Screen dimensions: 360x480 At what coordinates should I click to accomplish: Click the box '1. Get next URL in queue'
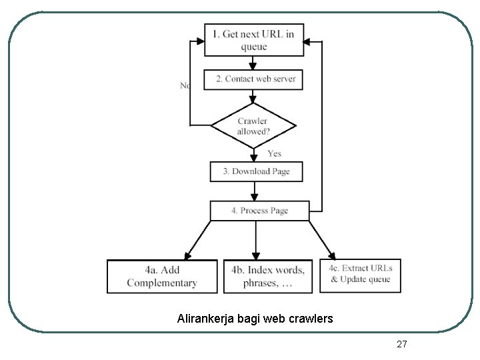pos(253,39)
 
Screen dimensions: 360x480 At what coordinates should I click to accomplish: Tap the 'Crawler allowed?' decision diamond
pos(253,125)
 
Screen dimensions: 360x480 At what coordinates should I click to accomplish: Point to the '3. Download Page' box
pos(256,171)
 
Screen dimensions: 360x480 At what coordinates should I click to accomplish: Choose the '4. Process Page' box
pos(259,211)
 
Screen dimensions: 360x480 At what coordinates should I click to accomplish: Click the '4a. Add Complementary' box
pos(162,276)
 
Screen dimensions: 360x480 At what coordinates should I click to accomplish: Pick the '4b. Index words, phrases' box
pos(268,276)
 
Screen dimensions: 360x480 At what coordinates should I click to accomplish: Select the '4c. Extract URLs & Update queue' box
pos(361,275)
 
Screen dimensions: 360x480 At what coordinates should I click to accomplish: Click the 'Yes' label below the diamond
pos(274,153)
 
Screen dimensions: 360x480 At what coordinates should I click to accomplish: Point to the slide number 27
pos(401,344)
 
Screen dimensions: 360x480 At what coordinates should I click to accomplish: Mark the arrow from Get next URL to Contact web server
pos(253,63)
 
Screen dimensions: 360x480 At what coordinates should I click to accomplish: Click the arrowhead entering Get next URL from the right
pos(309,41)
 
